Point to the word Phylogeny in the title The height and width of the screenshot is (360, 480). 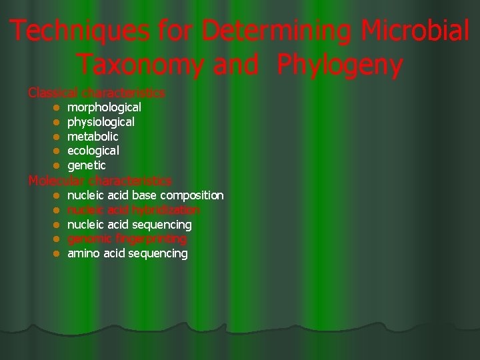click(x=340, y=65)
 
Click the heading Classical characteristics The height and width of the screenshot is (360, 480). click(x=97, y=93)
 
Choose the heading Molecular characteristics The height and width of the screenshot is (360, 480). click(x=100, y=181)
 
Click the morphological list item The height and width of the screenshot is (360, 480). click(x=104, y=107)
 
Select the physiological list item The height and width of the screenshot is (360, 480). click(x=101, y=122)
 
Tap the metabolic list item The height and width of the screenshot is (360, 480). click(x=93, y=137)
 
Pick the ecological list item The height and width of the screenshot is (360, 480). click(x=93, y=151)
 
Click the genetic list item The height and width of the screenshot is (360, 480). click(x=87, y=165)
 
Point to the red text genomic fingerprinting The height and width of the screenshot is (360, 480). click(x=127, y=239)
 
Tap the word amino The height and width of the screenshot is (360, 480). click(x=84, y=253)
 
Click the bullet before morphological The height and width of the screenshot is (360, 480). click(x=57, y=107)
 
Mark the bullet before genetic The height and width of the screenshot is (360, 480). click(x=57, y=165)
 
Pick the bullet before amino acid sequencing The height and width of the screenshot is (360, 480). click(x=57, y=254)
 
